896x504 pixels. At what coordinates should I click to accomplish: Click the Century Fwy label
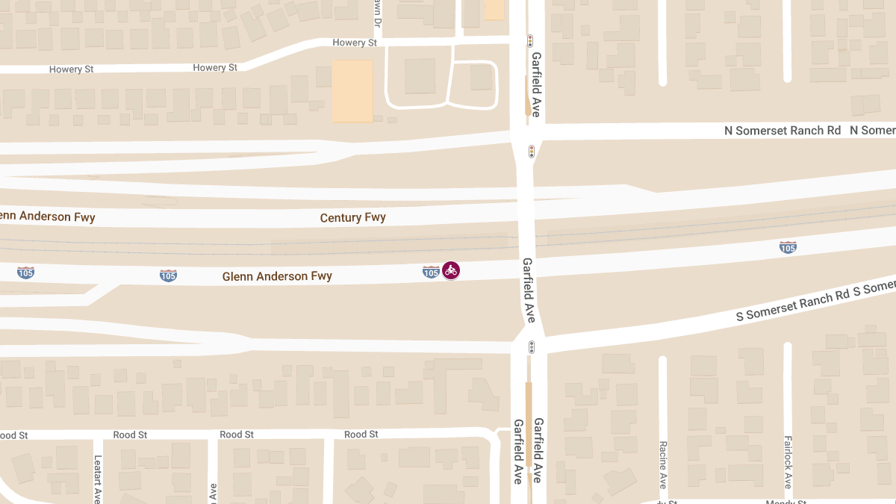pyautogui.click(x=352, y=218)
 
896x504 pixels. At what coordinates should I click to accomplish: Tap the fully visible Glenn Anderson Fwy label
pyautogui.click(x=277, y=276)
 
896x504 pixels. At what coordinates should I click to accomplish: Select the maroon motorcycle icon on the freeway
pyautogui.click(x=450, y=270)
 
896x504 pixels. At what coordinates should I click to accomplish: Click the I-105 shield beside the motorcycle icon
pyautogui.click(x=431, y=272)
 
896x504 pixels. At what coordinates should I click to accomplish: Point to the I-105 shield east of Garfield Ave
pyautogui.click(x=788, y=246)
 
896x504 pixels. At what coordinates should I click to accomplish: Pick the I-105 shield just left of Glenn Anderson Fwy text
pyautogui.click(x=168, y=276)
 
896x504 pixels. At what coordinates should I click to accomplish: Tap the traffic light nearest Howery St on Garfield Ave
pyautogui.click(x=530, y=41)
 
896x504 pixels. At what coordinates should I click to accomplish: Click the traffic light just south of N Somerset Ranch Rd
pyautogui.click(x=532, y=152)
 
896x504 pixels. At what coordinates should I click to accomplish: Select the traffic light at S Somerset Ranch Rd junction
pyautogui.click(x=532, y=347)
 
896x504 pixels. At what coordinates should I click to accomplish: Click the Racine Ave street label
pyautogui.click(x=662, y=464)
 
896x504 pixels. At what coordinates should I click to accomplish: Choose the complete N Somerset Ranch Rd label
pyautogui.click(x=783, y=131)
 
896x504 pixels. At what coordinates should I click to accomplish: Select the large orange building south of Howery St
pyautogui.click(x=352, y=91)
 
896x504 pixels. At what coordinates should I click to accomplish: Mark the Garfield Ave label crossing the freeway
pyautogui.click(x=529, y=290)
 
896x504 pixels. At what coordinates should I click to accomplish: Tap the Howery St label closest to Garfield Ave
pyautogui.click(x=355, y=43)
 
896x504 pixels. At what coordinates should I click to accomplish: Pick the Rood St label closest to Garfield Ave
pyautogui.click(x=361, y=434)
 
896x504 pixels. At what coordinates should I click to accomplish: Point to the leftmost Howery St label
pyautogui.click(x=71, y=69)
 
